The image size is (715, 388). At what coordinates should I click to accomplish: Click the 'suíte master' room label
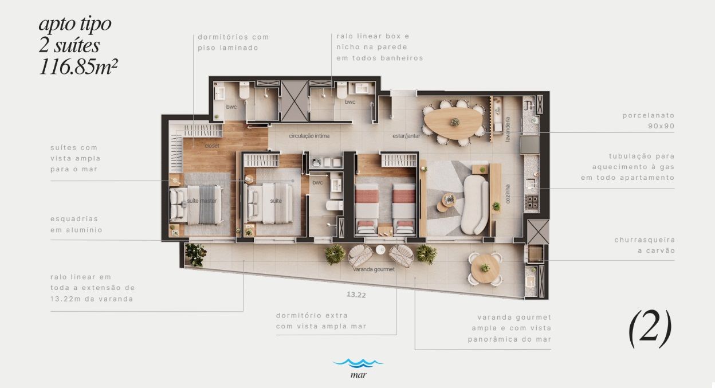pos(202,201)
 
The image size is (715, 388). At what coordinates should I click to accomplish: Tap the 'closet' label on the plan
pos(212,146)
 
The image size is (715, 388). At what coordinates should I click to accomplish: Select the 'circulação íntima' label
pos(309,136)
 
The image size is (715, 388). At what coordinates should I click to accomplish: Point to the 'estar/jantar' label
pos(406,136)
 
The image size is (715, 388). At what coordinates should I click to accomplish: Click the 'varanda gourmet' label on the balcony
pos(374,269)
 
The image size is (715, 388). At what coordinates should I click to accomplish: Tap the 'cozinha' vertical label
pos(508,194)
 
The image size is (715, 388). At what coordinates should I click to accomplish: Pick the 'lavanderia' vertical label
pos(508,129)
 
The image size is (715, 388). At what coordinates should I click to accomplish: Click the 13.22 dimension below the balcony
pos(356,295)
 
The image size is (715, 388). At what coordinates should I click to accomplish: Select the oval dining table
pos(454,123)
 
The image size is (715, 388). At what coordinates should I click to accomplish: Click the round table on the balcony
pos(485,269)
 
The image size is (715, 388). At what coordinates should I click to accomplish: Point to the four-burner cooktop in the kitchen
pos(532,202)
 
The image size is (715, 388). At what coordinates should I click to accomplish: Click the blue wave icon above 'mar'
pos(358,363)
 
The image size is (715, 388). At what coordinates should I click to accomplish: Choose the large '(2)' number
pos(650,329)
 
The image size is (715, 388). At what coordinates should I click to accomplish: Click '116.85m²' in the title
pos(78,68)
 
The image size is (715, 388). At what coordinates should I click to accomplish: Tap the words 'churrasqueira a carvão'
pos(645,245)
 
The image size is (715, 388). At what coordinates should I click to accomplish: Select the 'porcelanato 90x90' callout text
pos(649,121)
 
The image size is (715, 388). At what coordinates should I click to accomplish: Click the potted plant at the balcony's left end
pos(195,254)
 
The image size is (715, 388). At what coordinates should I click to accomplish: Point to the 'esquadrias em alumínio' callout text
pos(76,225)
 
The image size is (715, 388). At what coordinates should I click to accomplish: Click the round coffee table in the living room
pos(449,200)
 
